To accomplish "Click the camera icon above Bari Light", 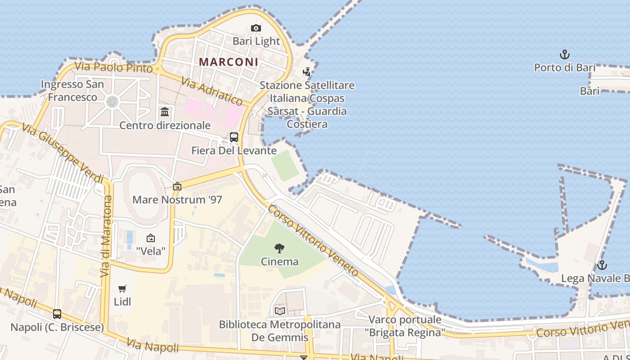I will click(x=256, y=28).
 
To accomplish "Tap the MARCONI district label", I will click(x=229, y=62).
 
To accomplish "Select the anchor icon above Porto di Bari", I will click(x=564, y=55).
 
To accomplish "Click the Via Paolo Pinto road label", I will click(x=114, y=67).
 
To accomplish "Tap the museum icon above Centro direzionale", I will click(x=165, y=112).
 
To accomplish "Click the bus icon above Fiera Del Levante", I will click(x=234, y=137).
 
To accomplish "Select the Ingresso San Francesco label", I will click(x=72, y=90).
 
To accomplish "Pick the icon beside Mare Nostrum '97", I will click(x=177, y=186).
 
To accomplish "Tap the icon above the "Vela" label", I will click(x=151, y=238).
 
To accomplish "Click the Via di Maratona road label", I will click(x=106, y=236).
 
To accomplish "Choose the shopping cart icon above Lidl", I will click(x=122, y=288).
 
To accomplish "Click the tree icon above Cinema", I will click(x=279, y=248).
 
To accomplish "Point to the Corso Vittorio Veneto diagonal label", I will click(x=314, y=241).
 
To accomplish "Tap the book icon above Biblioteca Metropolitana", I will click(x=279, y=311).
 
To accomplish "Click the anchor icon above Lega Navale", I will click(x=602, y=265).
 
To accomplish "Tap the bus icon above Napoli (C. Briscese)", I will click(x=57, y=314).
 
